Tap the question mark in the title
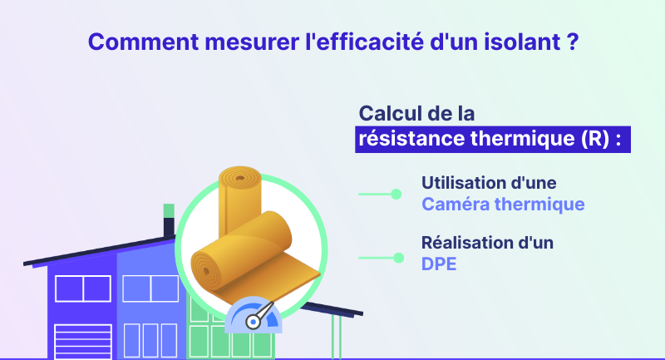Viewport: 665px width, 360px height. [573, 42]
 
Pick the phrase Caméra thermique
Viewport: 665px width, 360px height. [503, 204]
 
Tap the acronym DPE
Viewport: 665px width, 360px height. [439, 264]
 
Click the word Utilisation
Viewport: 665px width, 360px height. [462, 183]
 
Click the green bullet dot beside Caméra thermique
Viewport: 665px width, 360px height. [397, 195]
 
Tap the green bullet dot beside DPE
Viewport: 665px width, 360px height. [398, 258]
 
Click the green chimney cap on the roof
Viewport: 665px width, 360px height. [169, 210]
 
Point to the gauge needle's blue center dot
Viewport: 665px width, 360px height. [254, 323]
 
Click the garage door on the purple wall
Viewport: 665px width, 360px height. [83, 342]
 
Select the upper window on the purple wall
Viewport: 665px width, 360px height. [83, 288]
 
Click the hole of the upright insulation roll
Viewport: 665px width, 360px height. [240, 178]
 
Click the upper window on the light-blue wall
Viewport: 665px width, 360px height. [150, 288]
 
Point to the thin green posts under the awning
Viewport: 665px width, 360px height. [337, 337]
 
